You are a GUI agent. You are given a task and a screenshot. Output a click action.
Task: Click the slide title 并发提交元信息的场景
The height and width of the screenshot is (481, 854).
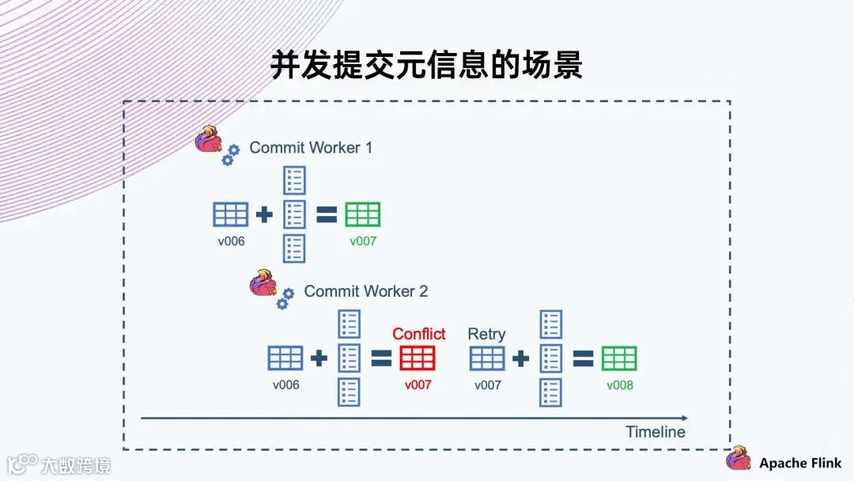pos(426,65)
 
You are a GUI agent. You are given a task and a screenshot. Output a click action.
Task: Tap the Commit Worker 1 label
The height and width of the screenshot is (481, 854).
pos(311,148)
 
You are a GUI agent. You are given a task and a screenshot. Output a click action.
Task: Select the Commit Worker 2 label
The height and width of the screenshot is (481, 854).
pos(365,291)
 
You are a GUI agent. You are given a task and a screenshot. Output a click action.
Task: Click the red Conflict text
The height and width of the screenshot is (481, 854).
pos(418,334)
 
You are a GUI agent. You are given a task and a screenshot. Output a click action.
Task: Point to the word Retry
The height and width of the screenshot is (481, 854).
pos(486,334)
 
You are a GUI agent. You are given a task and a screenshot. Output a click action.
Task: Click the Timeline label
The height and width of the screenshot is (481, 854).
pos(655,432)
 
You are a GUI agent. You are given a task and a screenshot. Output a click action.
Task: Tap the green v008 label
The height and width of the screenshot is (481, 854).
pos(620,385)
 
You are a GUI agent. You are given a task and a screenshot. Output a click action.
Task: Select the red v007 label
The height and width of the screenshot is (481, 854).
pos(418,385)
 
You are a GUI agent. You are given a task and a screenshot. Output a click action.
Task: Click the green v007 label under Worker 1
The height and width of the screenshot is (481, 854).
pos(363,241)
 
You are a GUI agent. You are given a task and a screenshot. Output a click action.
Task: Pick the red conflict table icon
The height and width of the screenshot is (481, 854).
pos(418,358)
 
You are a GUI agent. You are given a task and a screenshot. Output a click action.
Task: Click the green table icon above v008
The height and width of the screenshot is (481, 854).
pos(619,358)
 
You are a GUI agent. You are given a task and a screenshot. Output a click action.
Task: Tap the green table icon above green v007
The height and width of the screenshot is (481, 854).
pos(363,214)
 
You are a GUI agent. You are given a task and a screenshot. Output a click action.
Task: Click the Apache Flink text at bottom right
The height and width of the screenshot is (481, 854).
pos(800,464)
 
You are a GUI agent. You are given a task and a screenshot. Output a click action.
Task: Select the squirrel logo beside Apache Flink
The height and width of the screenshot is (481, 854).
pos(739,459)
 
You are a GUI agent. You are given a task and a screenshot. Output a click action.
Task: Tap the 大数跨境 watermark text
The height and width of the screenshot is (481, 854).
pos(76,464)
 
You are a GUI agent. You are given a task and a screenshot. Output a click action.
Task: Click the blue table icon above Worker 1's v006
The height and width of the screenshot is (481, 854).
pos(231,214)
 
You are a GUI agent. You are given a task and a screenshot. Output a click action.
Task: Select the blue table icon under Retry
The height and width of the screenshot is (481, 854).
pos(487,358)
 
